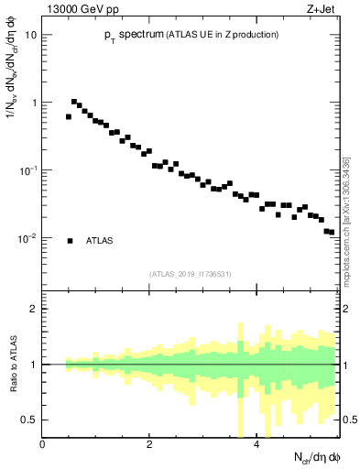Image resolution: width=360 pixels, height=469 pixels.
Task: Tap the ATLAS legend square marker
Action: [x=70, y=241]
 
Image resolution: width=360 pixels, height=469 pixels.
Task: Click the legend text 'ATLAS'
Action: [x=100, y=241]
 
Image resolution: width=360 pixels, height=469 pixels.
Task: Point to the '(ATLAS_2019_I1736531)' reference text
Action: [x=191, y=273]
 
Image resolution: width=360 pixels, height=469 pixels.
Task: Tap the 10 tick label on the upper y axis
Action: [x=31, y=35]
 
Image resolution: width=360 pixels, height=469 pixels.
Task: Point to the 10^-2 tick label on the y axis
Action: [x=28, y=238]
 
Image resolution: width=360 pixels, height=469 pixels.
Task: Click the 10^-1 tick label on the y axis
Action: [x=28, y=170]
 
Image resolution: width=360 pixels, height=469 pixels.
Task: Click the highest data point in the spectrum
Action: [x=74, y=102]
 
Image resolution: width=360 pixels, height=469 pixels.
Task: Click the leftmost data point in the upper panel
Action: [x=69, y=116]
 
